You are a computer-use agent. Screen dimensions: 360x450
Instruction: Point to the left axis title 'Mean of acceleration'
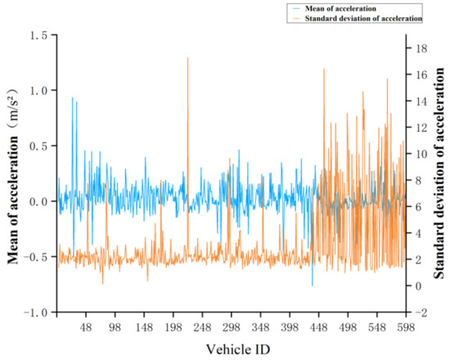[15, 173]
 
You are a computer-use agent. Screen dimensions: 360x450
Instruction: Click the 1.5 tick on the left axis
[38, 35]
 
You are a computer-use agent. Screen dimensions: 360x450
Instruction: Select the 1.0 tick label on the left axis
[38, 91]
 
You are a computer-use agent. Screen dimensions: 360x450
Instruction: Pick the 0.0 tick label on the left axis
[38, 201]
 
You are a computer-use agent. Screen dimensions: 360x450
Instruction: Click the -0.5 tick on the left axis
[36, 257]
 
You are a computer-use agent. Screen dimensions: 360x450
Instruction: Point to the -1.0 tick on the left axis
[36, 313]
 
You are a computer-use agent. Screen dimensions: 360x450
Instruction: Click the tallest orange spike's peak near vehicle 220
[187, 58]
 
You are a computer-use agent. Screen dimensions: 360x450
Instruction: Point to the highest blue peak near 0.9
[72, 97]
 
